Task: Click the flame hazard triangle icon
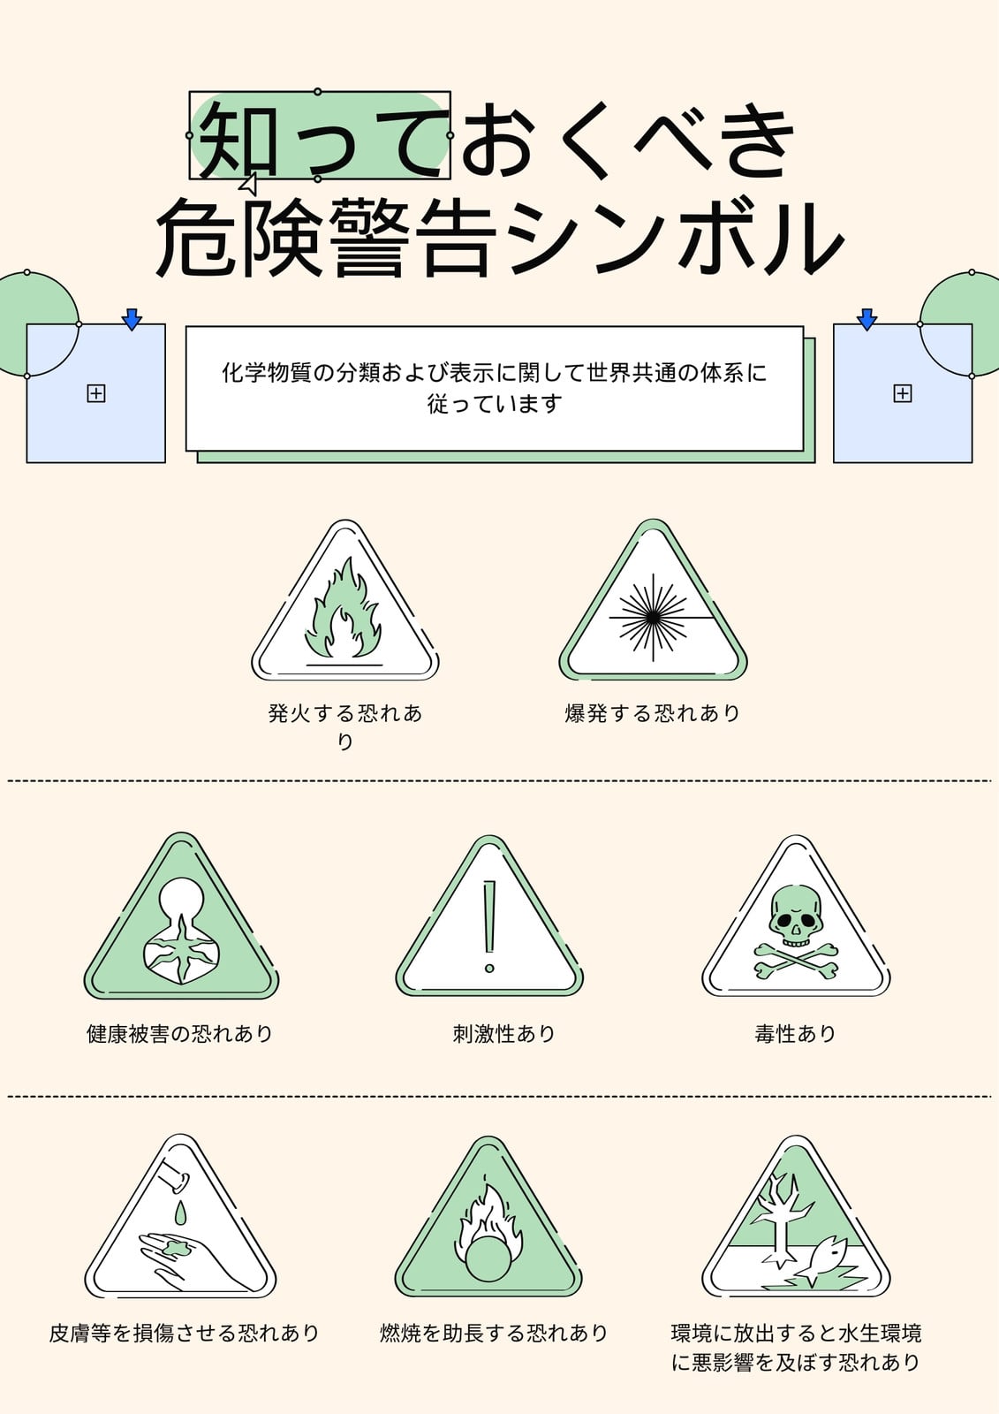(x=344, y=600)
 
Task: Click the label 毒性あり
(x=795, y=1034)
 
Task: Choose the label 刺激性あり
(x=503, y=1034)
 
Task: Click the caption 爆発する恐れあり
(x=653, y=713)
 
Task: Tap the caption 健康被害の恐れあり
(x=180, y=1034)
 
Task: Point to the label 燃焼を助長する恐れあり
(x=494, y=1334)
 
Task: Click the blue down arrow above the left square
(x=132, y=319)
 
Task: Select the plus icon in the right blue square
(x=903, y=394)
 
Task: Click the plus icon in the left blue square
(x=96, y=394)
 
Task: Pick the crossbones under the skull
(x=796, y=962)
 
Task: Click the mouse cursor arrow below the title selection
(x=248, y=184)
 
